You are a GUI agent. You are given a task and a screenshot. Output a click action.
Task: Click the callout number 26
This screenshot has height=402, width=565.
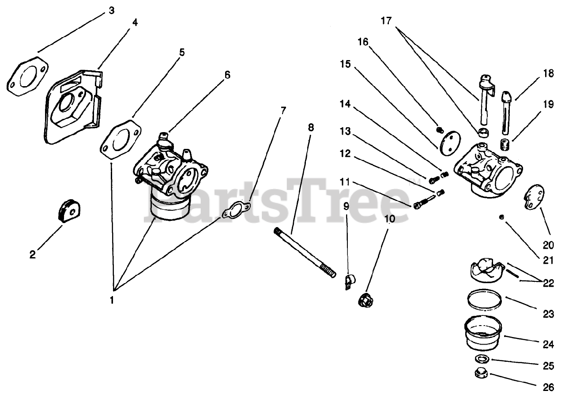548,387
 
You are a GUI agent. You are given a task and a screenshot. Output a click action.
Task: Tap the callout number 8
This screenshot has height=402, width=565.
311,128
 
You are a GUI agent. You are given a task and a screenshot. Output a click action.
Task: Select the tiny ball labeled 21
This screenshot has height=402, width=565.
502,217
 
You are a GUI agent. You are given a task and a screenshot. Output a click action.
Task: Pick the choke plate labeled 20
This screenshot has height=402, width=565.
534,197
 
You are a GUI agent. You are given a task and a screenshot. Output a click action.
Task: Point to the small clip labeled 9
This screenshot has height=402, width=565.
350,281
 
